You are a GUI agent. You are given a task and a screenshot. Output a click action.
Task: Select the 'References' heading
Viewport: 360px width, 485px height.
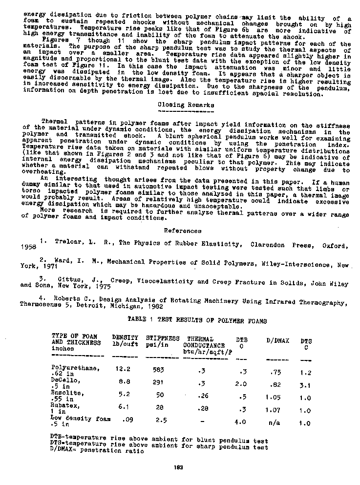(183, 231)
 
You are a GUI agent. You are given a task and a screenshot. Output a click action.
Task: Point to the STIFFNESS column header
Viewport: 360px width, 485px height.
(163, 338)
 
